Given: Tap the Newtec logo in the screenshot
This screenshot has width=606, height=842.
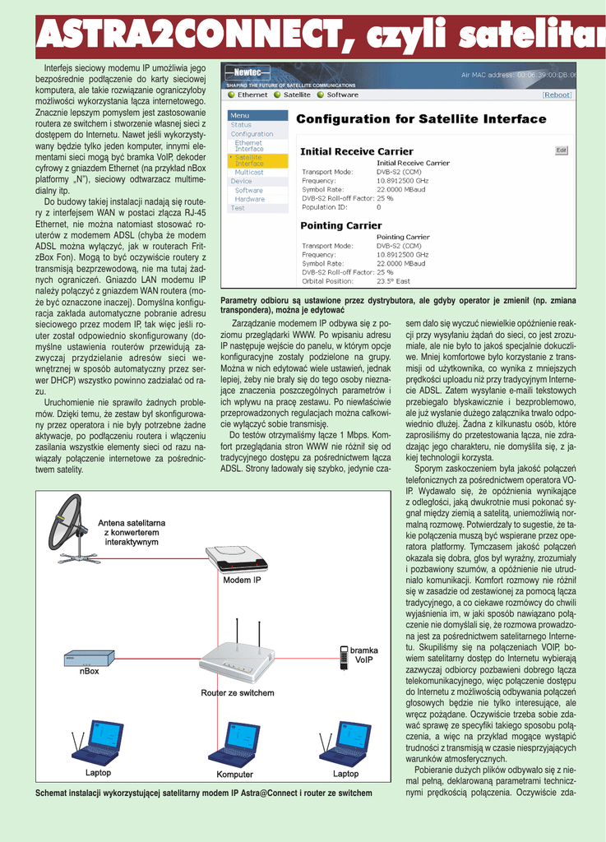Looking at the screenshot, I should [x=243, y=73].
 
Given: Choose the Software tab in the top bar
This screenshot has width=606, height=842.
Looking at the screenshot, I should [x=341, y=95].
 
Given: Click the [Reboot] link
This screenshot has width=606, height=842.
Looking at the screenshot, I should [x=557, y=95].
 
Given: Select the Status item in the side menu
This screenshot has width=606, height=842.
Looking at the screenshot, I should [x=241, y=125].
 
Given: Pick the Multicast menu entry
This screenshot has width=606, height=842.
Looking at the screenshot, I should [x=249, y=172].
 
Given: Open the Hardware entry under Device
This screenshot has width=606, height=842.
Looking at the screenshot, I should [x=250, y=199].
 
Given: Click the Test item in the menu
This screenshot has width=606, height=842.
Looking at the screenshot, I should [x=238, y=208].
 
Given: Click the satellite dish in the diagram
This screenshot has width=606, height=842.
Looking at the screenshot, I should [x=67, y=526].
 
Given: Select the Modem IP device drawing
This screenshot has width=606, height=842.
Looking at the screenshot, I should [x=236, y=559].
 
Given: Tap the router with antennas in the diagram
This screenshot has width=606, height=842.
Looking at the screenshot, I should [x=237, y=658].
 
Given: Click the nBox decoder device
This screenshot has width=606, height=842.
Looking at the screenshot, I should [x=89, y=658].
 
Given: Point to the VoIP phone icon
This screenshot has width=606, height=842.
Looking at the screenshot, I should [x=344, y=655].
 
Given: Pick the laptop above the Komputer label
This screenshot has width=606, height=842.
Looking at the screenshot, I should [x=234, y=744].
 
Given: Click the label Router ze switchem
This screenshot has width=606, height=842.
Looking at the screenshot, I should [x=238, y=693].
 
